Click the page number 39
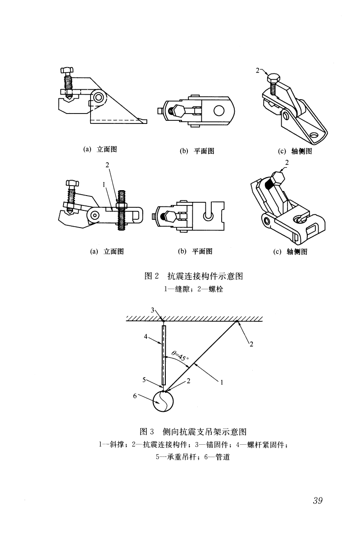coord(318,501)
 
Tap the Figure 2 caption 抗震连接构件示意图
coord(205,276)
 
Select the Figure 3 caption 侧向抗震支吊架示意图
coord(204,432)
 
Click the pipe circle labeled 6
coord(163,401)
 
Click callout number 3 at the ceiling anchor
coord(153,310)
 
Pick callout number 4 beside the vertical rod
coord(146,337)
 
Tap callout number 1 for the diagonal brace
coord(222,382)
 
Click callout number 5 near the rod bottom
coord(144,380)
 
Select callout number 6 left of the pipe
coord(135,396)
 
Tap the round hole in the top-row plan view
coord(219,111)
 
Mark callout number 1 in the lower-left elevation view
coord(104,185)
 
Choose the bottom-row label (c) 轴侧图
coord(290,252)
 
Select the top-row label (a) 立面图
coord(100,149)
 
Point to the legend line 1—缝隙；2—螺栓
coord(193,289)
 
